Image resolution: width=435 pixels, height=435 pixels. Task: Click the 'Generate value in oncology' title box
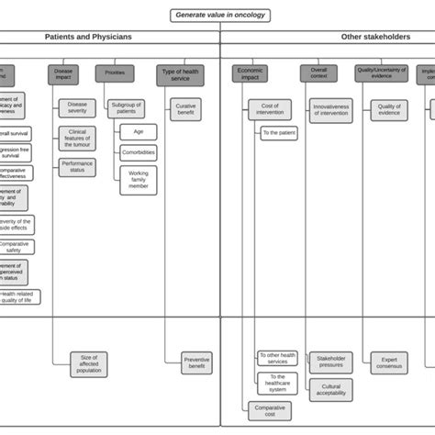(220, 15)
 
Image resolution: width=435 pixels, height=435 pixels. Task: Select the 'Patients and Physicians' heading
(88, 37)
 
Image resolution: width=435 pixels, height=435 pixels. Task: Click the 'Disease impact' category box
(63, 74)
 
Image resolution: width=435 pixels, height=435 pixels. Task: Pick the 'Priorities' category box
(115, 73)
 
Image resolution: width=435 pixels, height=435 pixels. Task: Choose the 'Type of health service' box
(180, 74)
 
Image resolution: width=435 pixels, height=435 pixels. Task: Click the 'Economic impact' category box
(251, 74)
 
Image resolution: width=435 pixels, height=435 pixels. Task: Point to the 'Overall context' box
(318, 73)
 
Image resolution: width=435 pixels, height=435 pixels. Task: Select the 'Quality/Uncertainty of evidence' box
(382, 73)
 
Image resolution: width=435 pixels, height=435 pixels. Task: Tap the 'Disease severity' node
(77, 108)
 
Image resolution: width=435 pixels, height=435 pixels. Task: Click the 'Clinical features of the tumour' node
(77, 139)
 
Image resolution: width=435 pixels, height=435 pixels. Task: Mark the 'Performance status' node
(77, 167)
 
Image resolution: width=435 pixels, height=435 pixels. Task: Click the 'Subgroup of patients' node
(126, 108)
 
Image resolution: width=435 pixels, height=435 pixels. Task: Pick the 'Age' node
(138, 131)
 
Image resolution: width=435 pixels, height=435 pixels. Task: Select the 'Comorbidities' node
(138, 152)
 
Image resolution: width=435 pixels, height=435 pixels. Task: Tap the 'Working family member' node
(138, 180)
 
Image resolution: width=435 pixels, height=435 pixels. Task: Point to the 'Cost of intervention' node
(270, 110)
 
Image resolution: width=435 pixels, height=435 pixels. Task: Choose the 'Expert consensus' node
(389, 362)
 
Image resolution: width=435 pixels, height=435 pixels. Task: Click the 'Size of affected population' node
(90, 363)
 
